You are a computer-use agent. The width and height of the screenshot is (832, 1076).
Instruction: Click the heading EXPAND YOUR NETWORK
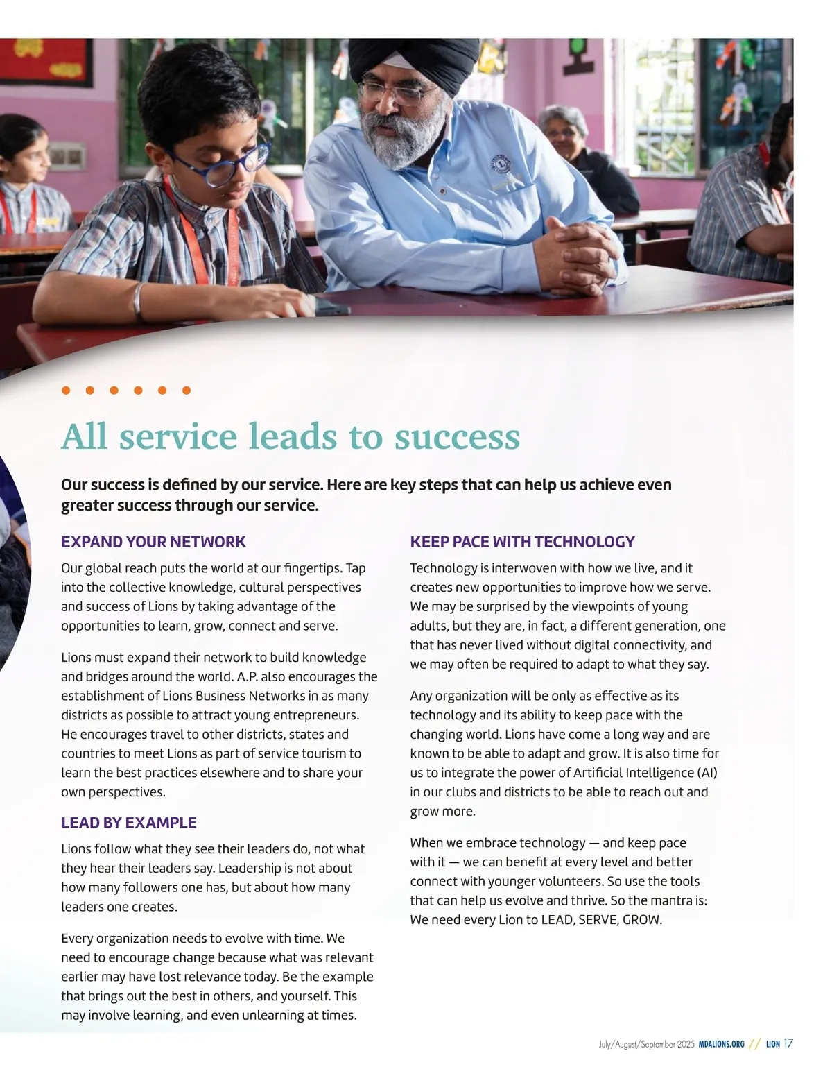click(x=153, y=542)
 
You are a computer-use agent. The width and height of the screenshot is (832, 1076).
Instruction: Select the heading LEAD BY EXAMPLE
click(x=128, y=823)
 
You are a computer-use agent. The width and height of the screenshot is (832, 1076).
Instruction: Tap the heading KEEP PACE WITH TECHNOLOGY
click(x=522, y=542)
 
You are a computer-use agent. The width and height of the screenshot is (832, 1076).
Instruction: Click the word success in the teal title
click(x=457, y=436)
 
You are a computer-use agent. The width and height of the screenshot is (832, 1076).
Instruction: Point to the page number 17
click(x=788, y=1043)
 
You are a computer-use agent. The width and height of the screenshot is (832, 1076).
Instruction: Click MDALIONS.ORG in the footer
click(x=721, y=1044)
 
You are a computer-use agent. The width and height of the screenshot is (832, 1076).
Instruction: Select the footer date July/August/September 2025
click(x=646, y=1044)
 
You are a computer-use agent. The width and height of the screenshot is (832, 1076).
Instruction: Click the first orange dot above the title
click(x=66, y=391)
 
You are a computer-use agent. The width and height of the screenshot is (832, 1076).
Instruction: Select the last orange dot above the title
click(x=187, y=391)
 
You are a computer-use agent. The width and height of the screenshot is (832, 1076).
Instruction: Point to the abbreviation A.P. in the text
click(x=248, y=676)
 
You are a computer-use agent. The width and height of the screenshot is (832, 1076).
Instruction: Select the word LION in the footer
click(x=773, y=1044)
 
